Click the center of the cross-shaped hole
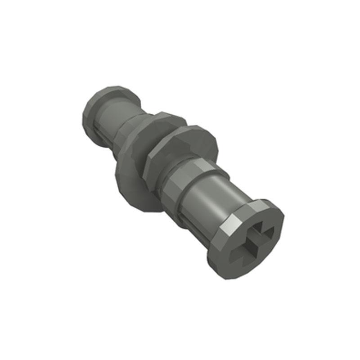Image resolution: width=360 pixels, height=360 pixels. pos(252,243)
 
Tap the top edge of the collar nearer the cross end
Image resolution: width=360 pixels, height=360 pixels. pos(193,128)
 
